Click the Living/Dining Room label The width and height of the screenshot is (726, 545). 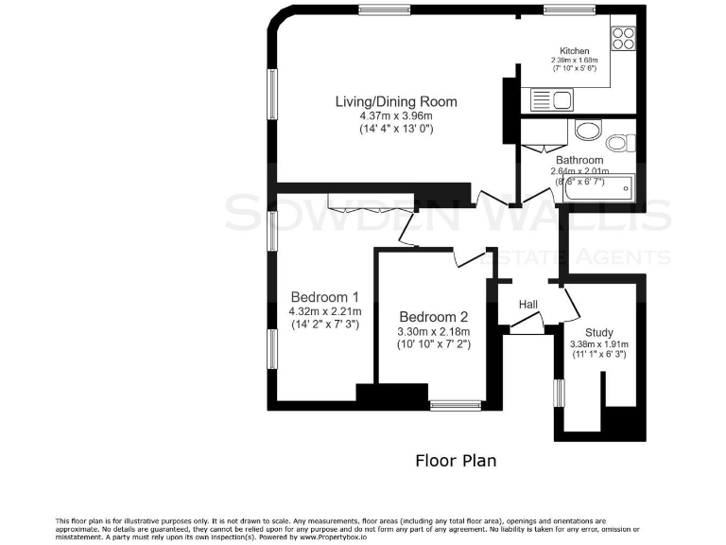pyautogui.click(x=396, y=101)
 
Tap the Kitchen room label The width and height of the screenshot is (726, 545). pyautogui.click(x=575, y=51)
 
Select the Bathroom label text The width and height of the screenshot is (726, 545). pyautogui.click(x=579, y=160)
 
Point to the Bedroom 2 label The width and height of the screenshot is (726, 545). pyautogui.click(x=434, y=317)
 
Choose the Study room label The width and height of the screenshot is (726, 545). pyautogui.click(x=599, y=332)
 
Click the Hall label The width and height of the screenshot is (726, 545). pyautogui.click(x=528, y=304)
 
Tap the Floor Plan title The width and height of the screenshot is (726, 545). pyautogui.click(x=457, y=461)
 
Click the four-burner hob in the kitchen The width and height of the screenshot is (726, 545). pyautogui.click(x=624, y=38)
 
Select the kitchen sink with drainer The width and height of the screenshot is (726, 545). pyautogui.click(x=550, y=99)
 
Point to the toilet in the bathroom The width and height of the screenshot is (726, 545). pyautogui.click(x=620, y=142)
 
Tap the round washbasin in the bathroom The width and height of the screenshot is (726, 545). pyautogui.click(x=584, y=131)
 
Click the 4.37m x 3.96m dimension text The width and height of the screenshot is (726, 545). pyautogui.click(x=396, y=115)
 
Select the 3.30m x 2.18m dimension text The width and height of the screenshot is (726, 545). pyautogui.click(x=434, y=331)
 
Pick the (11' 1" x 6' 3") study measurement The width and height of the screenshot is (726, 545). pyautogui.click(x=599, y=355)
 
